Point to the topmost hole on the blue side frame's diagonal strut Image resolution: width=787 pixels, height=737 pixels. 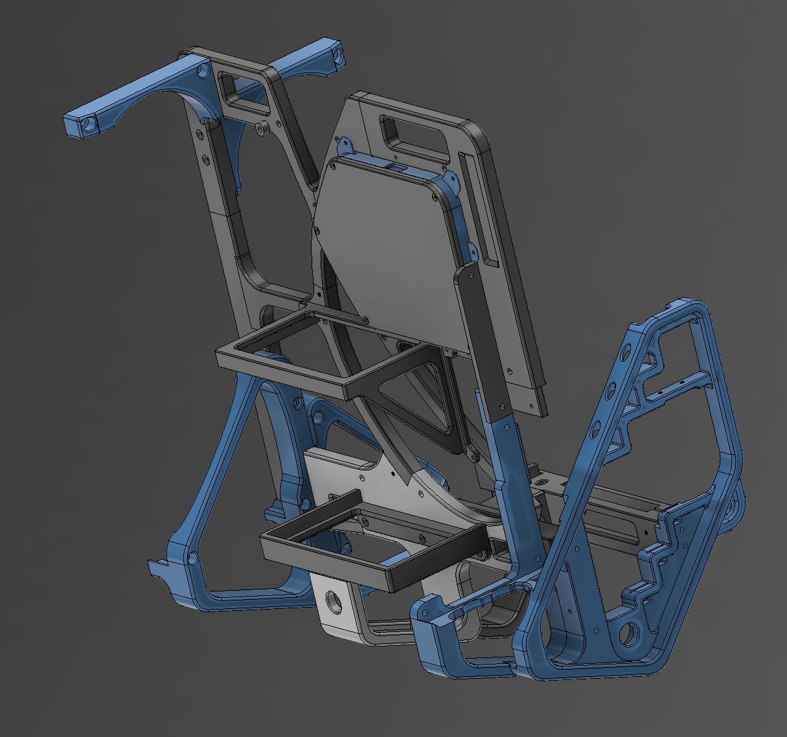(625, 354)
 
